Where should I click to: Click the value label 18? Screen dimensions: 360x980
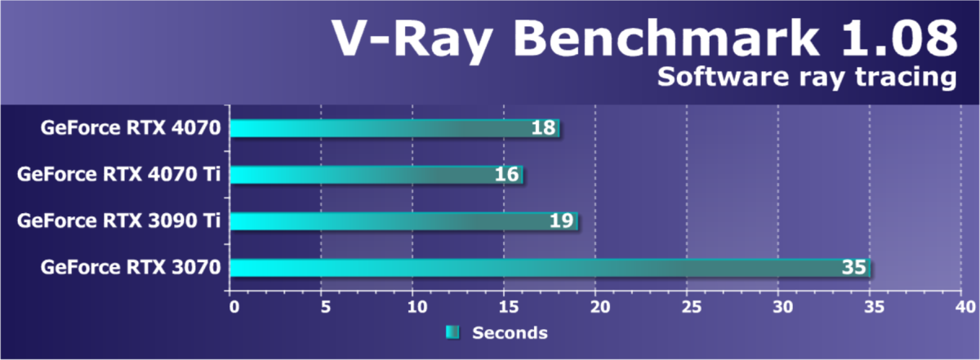coord(544,128)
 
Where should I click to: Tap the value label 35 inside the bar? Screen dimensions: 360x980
coord(854,268)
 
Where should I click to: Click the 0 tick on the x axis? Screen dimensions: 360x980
coord(234,307)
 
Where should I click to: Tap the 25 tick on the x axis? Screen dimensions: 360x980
coord(687,307)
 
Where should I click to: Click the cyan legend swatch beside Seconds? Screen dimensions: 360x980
coord(453,333)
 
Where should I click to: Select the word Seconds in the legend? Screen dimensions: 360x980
coord(510,333)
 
